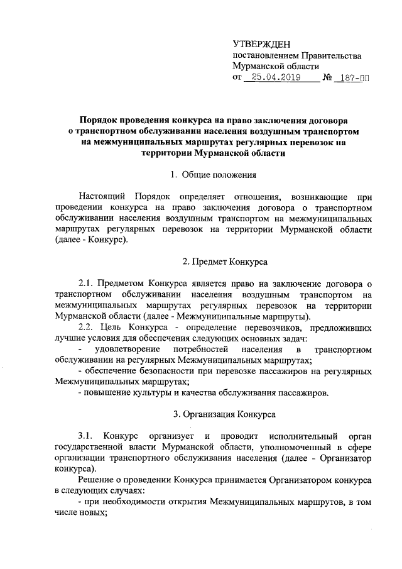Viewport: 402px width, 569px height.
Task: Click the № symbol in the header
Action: pyautogui.click(x=326, y=78)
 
